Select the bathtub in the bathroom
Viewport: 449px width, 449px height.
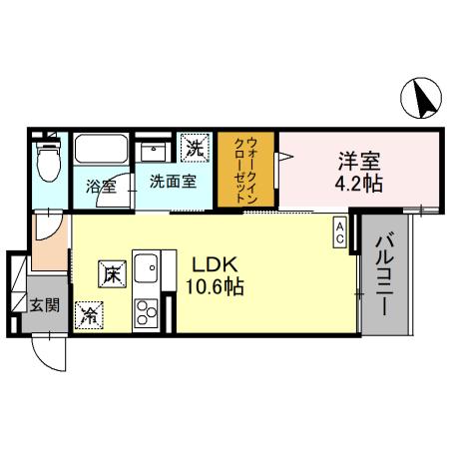click(101, 153)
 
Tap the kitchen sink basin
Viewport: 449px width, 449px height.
click(147, 269)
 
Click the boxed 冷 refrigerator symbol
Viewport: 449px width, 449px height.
click(90, 314)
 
